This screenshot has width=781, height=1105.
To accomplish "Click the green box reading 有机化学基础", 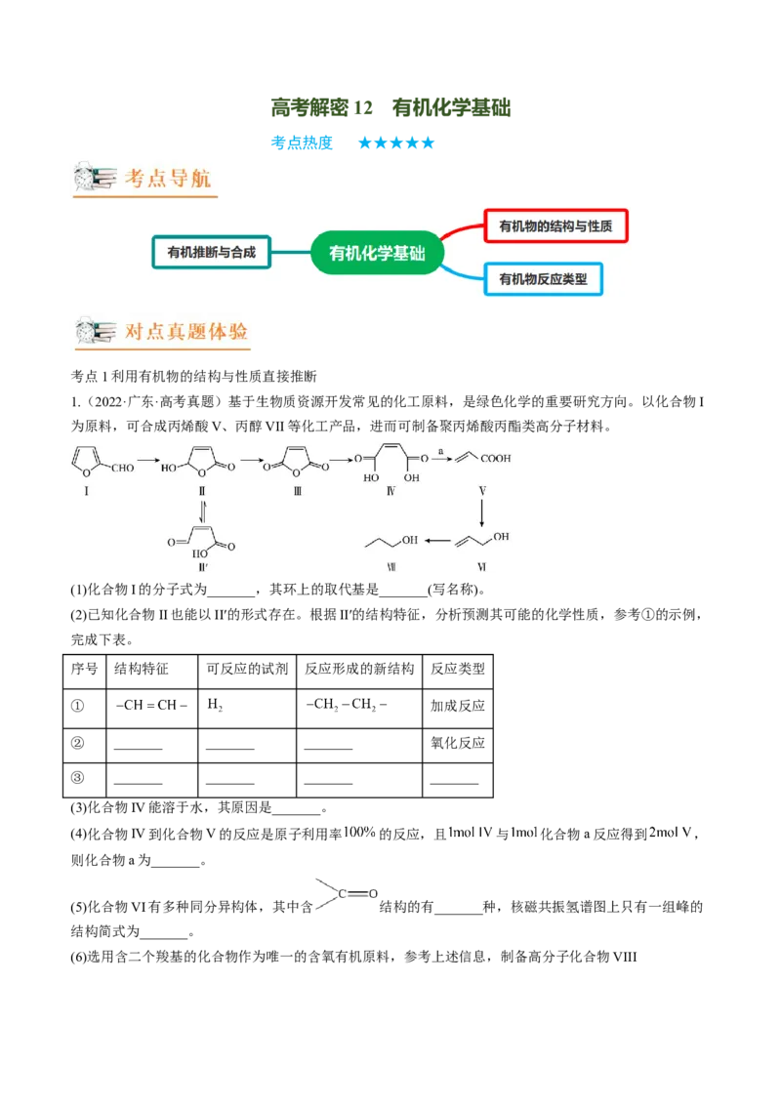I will (376, 254).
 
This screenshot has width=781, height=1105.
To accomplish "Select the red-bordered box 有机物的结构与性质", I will (555, 226).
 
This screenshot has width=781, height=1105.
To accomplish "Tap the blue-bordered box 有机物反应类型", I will (543, 280).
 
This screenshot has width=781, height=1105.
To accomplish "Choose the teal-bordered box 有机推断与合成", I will (211, 252).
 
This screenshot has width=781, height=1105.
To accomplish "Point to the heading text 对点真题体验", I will (185, 331).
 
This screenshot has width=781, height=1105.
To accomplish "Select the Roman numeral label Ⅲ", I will (297, 491).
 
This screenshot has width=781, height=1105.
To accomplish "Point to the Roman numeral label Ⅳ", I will (390, 491).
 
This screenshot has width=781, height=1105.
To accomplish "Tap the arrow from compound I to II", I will (148, 460).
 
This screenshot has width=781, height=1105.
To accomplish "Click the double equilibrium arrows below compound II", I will (202, 511).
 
